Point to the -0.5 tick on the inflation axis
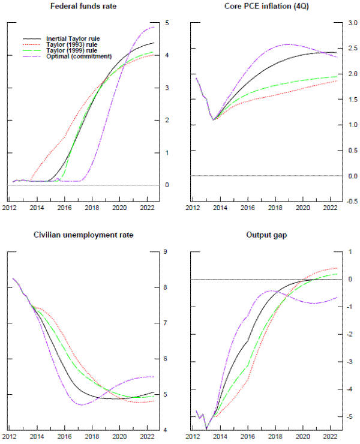coord(352,202)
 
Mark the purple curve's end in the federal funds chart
coord(154,27)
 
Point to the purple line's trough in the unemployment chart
coord(80,405)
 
